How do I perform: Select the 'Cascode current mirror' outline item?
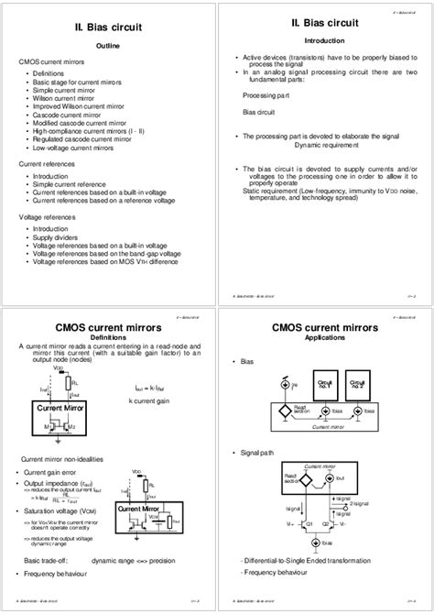click(67, 115)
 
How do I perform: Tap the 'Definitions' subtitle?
click(108, 336)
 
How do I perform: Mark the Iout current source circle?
click(349, 477)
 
